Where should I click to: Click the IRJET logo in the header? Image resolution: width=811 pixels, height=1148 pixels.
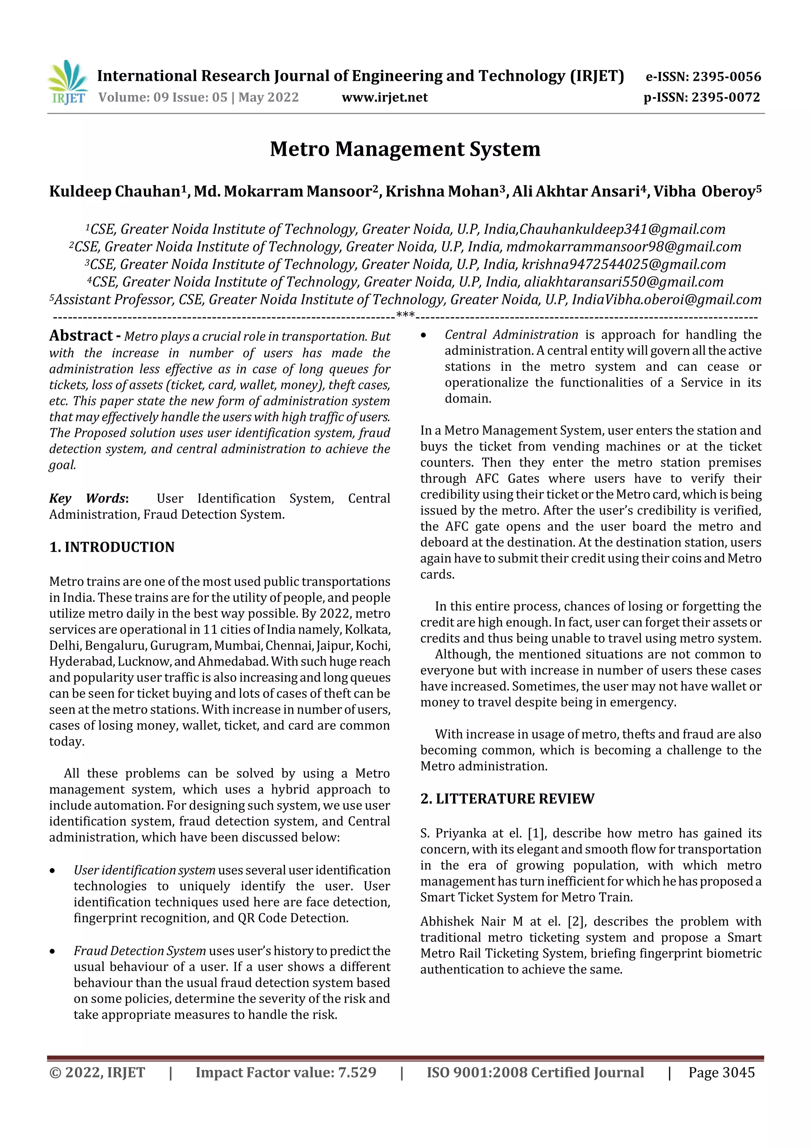coord(67,82)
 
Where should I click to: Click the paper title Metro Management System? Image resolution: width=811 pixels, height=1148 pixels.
coord(405,149)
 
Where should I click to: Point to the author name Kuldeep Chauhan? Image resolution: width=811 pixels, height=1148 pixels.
coord(114,191)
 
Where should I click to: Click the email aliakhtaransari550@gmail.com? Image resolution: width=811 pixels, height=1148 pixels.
coord(623,282)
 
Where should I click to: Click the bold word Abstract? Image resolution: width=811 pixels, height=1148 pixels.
coord(80,336)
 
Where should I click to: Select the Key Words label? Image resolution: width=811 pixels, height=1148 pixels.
coord(88,499)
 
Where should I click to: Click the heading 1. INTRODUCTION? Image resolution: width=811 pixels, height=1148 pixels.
coord(112,547)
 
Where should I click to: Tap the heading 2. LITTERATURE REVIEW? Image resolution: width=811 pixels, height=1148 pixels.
coord(507,799)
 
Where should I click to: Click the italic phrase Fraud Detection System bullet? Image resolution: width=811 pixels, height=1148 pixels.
coord(139,951)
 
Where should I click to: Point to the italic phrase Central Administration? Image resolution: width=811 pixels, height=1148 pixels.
coord(511,335)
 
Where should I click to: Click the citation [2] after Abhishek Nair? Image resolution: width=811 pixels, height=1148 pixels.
coord(576,921)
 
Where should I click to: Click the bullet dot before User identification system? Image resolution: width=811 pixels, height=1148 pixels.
coord(52,871)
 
